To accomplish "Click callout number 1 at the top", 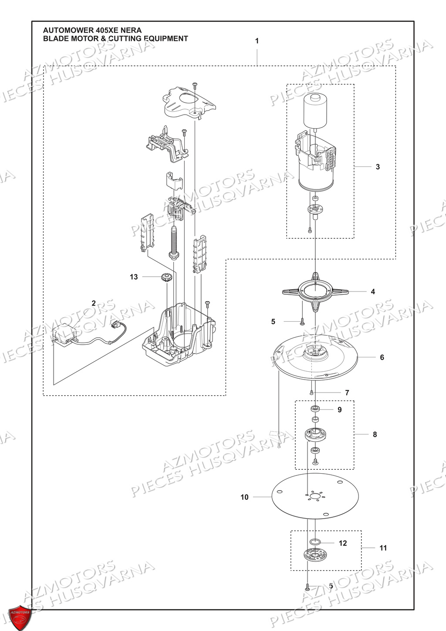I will tap(257, 41).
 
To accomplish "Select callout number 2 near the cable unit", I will tap(94, 303).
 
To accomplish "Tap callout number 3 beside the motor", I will tap(378, 167).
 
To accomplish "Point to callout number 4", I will tap(373, 292).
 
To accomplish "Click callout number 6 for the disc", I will tap(382, 357).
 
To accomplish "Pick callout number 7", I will tap(347, 393).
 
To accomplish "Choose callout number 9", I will tap(340, 410).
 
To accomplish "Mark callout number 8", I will tap(375, 434).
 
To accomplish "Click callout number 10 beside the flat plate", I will tap(244, 497).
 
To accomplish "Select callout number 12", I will tap(343, 543).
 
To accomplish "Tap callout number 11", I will tap(383, 548).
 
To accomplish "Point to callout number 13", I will tap(134, 277).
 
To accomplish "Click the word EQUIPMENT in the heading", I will tap(166, 38).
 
